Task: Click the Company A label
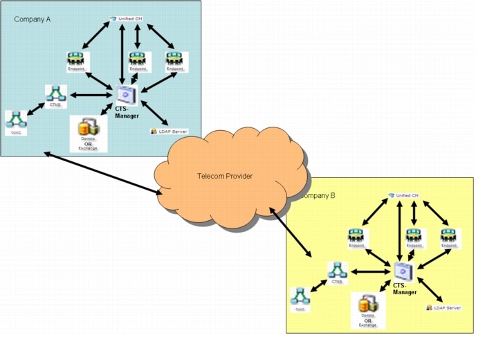click(x=33, y=19)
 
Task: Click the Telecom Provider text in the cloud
click(x=225, y=176)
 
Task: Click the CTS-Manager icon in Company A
click(x=126, y=95)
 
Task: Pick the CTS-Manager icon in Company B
click(x=403, y=271)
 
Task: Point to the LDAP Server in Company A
click(x=169, y=131)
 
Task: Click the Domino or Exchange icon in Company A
click(x=88, y=128)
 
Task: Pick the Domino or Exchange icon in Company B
click(x=368, y=305)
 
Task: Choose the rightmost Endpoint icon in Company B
click(x=450, y=236)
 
